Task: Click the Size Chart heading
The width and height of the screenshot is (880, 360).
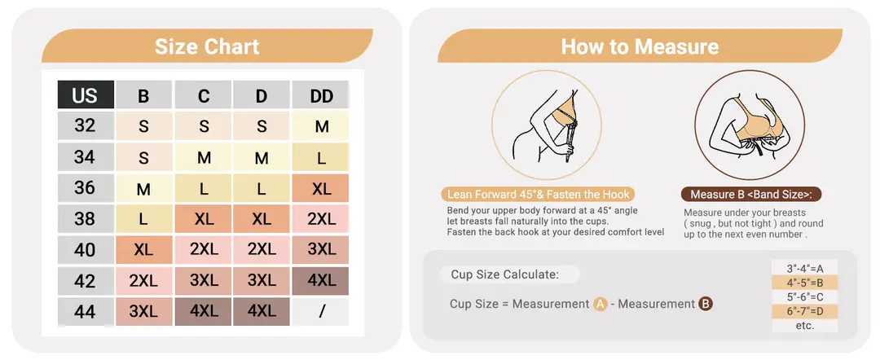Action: pos(207,46)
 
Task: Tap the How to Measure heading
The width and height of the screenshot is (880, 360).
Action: pos(640,46)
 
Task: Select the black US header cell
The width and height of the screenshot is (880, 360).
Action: pos(86,94)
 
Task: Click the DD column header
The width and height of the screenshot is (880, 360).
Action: pos(321,94)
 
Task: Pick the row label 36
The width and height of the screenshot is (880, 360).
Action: pos(86,188)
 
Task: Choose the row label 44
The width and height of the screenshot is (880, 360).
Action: pos(86,312)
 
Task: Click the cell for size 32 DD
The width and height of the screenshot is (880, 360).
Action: pos(321,126)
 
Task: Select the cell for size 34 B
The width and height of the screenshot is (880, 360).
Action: pos(143,157)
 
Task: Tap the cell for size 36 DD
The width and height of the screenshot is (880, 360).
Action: pos(321,188)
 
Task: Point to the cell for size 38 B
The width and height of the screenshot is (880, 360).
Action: pos(143,219)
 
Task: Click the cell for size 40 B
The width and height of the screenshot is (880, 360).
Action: pos(143,249)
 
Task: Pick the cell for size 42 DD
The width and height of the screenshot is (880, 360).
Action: pos(321,280)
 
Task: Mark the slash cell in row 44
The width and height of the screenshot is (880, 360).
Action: pos(321,312)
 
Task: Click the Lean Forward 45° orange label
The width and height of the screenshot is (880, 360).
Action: pos(538,195)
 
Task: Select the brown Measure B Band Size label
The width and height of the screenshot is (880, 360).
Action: pos(751,195)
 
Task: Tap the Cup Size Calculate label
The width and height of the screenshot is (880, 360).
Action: pos(505,274)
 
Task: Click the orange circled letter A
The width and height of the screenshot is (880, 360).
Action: pos(600,305)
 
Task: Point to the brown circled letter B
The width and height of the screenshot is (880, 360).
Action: pos(706,305)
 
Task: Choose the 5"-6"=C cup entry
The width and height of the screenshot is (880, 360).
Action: pos(804,297)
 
